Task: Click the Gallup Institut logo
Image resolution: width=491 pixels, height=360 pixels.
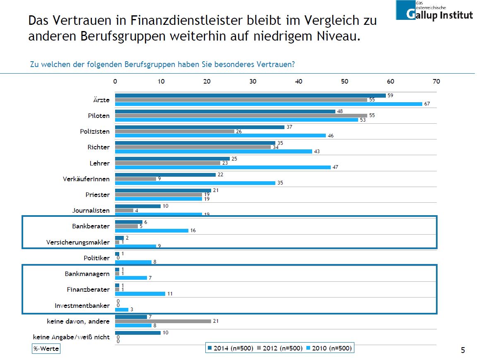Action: pyautogui.click(x=434, y=10)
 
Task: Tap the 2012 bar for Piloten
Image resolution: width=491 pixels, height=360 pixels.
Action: pyautogui.click(x=241, y=115)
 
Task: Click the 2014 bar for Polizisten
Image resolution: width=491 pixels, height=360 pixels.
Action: pyautogui.click(x=200, y=127)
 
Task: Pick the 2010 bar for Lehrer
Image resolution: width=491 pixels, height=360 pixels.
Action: pyautogui.click(x=223, y=167)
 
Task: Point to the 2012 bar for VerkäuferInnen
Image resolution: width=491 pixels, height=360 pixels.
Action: pyautogui.click(x=135, y=179)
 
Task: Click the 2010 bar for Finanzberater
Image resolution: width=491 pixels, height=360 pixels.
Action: pyautogui.click(x=140, y=294)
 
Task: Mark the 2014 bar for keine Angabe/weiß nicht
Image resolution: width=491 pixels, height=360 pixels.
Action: pyautogui.click(x=137, y=333)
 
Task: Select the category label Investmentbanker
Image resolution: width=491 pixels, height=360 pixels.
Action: pyautogui.click(x=82, y=306)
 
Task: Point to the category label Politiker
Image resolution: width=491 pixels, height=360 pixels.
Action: pyautogui.click(x=97, y=258)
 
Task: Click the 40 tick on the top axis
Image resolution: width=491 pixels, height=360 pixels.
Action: pyautogui.click(x=298, y=81)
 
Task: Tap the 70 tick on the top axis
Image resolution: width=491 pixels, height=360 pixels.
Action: pyautogui.click(x=436, y=81)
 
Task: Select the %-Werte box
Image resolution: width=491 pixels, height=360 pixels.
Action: pyautogui.click(x=46, y=349)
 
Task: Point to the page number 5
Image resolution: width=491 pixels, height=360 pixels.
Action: pyautogui.click(x=463, y=350)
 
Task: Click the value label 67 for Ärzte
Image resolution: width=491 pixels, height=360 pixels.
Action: pyautogui.click(x=427, y=104)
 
